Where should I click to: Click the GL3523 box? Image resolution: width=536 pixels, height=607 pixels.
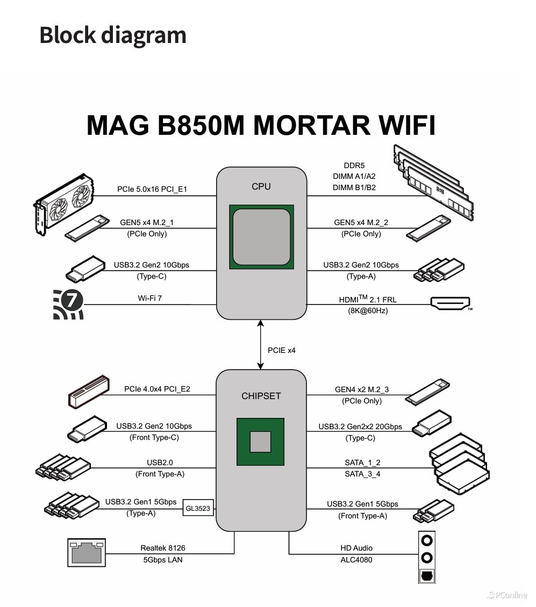tap(198, 508)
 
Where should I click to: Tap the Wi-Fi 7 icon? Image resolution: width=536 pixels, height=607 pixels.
tap(68, 304)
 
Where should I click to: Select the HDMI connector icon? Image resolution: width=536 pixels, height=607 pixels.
tap(451, 303)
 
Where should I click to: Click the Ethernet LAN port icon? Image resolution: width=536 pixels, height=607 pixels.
tap(85, 552)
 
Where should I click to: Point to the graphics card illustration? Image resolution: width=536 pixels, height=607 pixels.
tap(65, 204)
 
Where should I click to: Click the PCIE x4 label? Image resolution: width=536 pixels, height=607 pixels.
tap(282, 350)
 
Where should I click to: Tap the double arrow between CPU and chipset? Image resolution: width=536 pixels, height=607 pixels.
tap(261, 344)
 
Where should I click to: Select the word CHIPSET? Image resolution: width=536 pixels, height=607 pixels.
tap(261, 396)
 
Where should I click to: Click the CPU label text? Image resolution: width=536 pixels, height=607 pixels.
tap(261, 187)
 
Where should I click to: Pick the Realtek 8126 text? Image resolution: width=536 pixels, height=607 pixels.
tap(163, 548)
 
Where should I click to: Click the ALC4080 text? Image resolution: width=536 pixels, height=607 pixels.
tap(356, 560)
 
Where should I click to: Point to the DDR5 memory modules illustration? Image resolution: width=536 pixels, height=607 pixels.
tap(434, 183)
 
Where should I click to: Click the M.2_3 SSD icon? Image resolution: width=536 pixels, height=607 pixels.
tap(427, 393)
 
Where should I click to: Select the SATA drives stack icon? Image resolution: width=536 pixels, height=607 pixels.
tap(460, 463)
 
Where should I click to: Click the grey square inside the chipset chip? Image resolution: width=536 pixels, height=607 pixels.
tap(261, 442)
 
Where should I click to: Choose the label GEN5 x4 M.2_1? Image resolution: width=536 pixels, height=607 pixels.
tap(147, 222)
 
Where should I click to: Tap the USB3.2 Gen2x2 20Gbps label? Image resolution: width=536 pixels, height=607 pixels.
tap(360, 427)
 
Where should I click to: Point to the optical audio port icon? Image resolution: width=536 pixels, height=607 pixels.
tap(427, 575)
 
